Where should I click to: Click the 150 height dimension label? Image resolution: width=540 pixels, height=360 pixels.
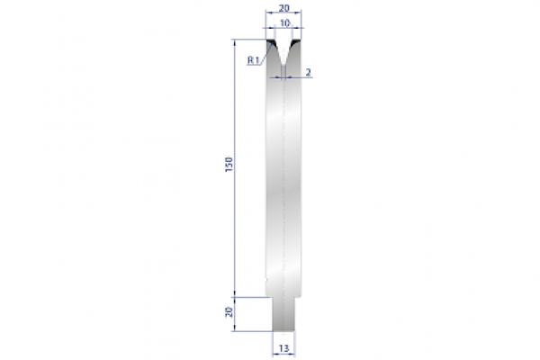(230, 166)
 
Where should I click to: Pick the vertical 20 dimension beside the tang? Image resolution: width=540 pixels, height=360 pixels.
(230, 311)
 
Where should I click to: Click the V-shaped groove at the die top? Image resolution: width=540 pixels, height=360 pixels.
(284, 49)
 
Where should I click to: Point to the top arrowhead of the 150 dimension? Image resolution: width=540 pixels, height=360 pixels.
(235, 42)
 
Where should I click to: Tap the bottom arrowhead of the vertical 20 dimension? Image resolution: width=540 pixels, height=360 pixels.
(235, 328)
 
